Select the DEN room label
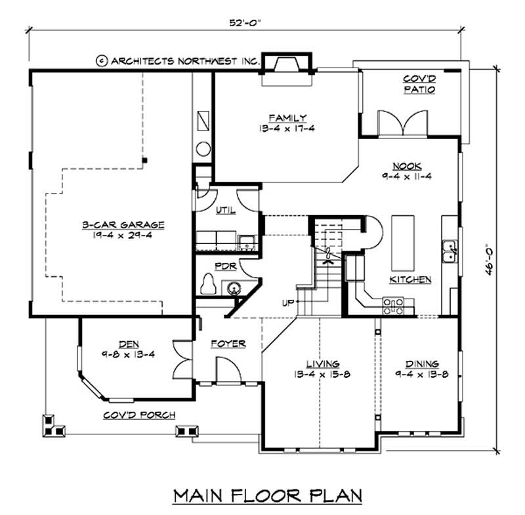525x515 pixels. tap(128, 343)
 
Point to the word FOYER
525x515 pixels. tap(228, 343)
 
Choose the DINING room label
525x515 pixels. tap(422, 363)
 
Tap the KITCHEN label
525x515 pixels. tap(411, 279)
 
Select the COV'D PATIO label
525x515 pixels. tap(419, 84)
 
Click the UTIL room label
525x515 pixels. tap(225, 210)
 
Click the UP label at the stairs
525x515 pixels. tap(287, 303)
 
